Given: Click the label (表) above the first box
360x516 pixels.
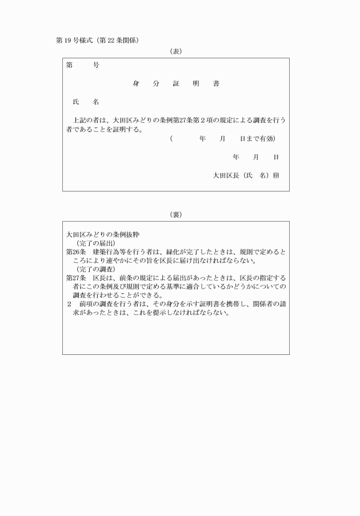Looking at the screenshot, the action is (176, 51).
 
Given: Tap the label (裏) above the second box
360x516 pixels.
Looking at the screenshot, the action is (176, 215).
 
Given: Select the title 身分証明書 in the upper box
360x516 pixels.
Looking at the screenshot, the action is (176, 83).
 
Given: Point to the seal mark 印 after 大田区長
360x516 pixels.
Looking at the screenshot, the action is (275, 175).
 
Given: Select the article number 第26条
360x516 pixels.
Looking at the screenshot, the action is (75, 251).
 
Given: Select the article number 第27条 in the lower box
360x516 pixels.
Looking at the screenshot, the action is (75, 277).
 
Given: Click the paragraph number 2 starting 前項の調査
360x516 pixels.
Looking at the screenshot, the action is (69, 303).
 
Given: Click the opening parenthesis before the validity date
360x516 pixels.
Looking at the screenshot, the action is (171, 139).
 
